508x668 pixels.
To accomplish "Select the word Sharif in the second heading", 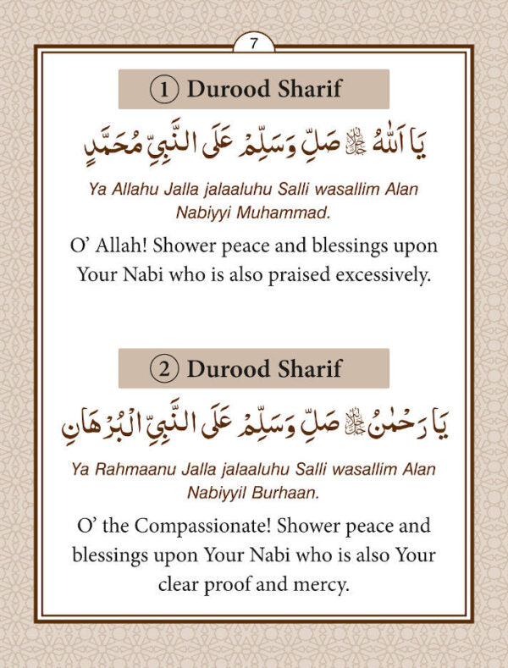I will tap(310, 368).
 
